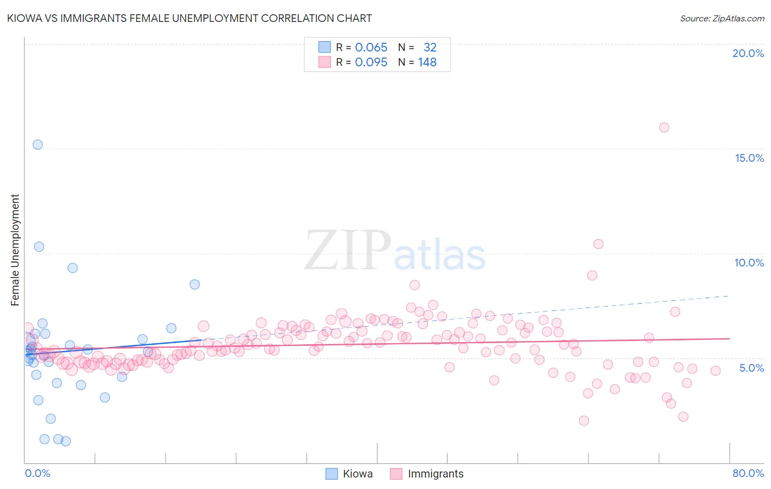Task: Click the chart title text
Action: pyautogui.click(x=189, y=18)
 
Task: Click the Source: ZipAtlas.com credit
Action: pyautogui.click(x=722, y=18)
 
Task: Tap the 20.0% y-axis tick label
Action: pyautogui.click(x=748, y=53)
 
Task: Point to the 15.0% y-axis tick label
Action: pyautogui.click(x=749, y=158)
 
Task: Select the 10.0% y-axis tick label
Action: pyautogui.click(x=749, y=263)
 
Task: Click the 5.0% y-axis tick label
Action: pyautogui.click(x=751, y=368)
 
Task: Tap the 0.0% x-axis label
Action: pyautogui.click(x=37, y=473)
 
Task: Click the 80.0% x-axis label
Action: pyautogui.click(x=748, y=473)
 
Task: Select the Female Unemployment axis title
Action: pyautogui.click(x=15, y=250)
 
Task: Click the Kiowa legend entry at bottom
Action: pyautogui.click(x=349, y=474)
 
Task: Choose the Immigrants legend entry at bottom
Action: pyautogui.click(x=427, y=474)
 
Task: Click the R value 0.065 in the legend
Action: pyautogui.click(x=371, y=48)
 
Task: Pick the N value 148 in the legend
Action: pyautogui.click(x=427, y=62)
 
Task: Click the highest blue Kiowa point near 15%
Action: pyautogui.click(x=37, y=145)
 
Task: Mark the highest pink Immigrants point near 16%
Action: pyautogui.click(x=664, y=127)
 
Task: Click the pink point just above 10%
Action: pyautogui.click(x=598, y=244)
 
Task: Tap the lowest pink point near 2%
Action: pyautogui.click(x=584, y=420)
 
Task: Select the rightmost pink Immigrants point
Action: pyautogui.click(x=716, y=371)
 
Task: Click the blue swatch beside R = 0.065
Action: pyautogui.click(x=325, y=48)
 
